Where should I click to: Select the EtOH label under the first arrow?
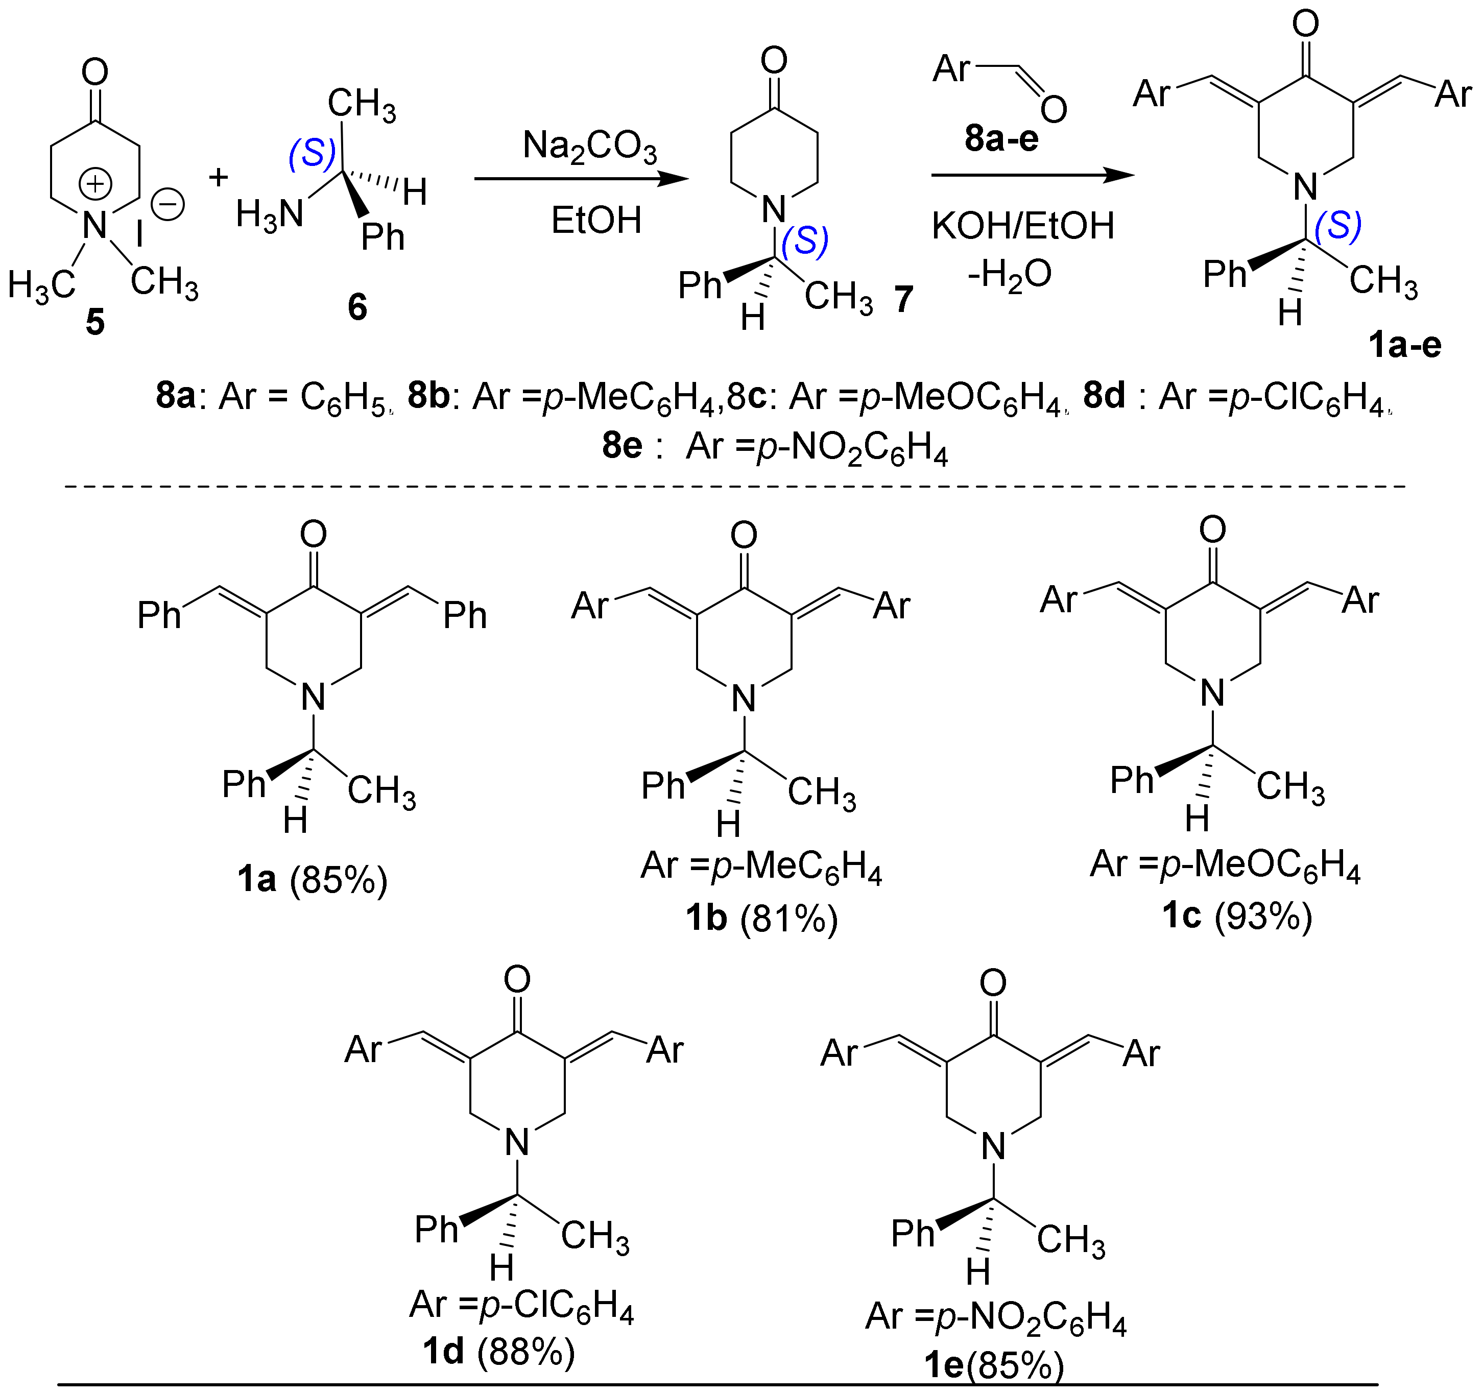coord(596,220)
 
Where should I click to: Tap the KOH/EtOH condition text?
coord(1023,225)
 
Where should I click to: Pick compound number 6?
coord(357,306)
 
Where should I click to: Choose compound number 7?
coord(904,299)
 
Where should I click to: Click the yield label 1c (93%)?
coord(1237,916)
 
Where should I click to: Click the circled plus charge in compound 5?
coord(96,184)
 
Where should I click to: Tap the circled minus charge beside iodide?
coord(168,204)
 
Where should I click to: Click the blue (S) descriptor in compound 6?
coord(312,154)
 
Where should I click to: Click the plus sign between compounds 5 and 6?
coord(218,178)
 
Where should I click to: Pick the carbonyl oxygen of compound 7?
coord(774,60)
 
